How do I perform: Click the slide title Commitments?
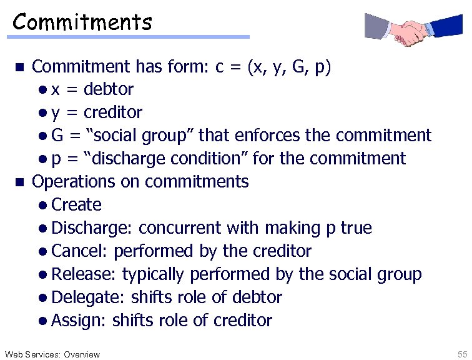82,22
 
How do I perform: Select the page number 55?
462,354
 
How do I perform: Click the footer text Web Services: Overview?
51,354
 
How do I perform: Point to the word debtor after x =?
108,89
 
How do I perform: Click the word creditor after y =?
112,112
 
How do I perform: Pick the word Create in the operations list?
76,204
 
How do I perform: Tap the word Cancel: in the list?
81,251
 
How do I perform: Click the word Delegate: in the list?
89,297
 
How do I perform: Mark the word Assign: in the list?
79,321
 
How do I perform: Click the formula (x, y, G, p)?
290,67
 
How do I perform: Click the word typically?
153,274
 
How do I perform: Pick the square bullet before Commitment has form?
19,67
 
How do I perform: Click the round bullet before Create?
41,205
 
